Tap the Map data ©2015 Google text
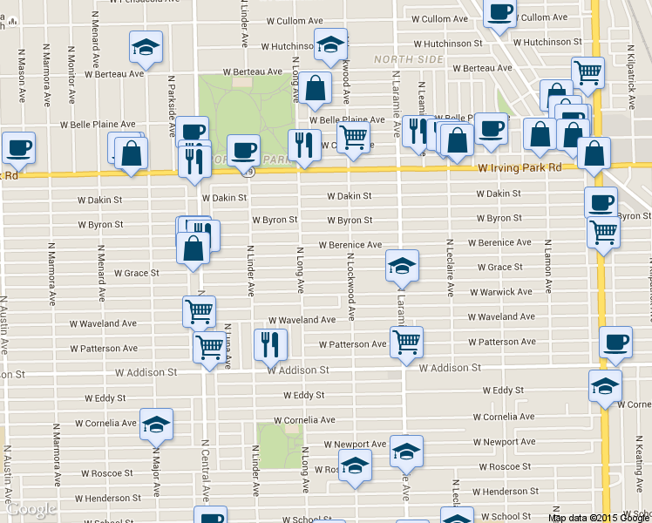click(598, 518)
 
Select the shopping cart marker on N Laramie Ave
click(406, 342)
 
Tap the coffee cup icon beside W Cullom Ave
click(500, 12)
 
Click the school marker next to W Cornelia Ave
click(156, 425)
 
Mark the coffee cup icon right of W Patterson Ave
click(616, 342)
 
